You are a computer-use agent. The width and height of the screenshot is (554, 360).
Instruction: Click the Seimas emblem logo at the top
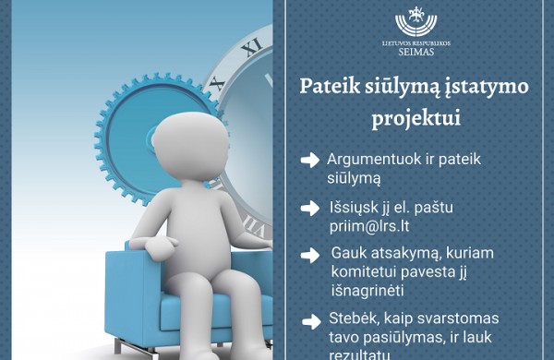click(416, 23)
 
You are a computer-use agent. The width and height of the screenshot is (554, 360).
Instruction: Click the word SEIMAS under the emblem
click(416, 52)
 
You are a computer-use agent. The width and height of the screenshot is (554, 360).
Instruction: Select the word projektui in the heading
click(415, 118)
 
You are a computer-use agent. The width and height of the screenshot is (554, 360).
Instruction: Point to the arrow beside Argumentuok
click(310, 161)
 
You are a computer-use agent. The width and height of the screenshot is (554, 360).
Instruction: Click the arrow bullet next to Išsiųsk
click(310, 208)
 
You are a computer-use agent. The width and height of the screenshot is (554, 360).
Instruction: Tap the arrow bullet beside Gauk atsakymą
click(310, 254)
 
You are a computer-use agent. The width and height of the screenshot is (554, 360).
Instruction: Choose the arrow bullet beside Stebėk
click(310, 321)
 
